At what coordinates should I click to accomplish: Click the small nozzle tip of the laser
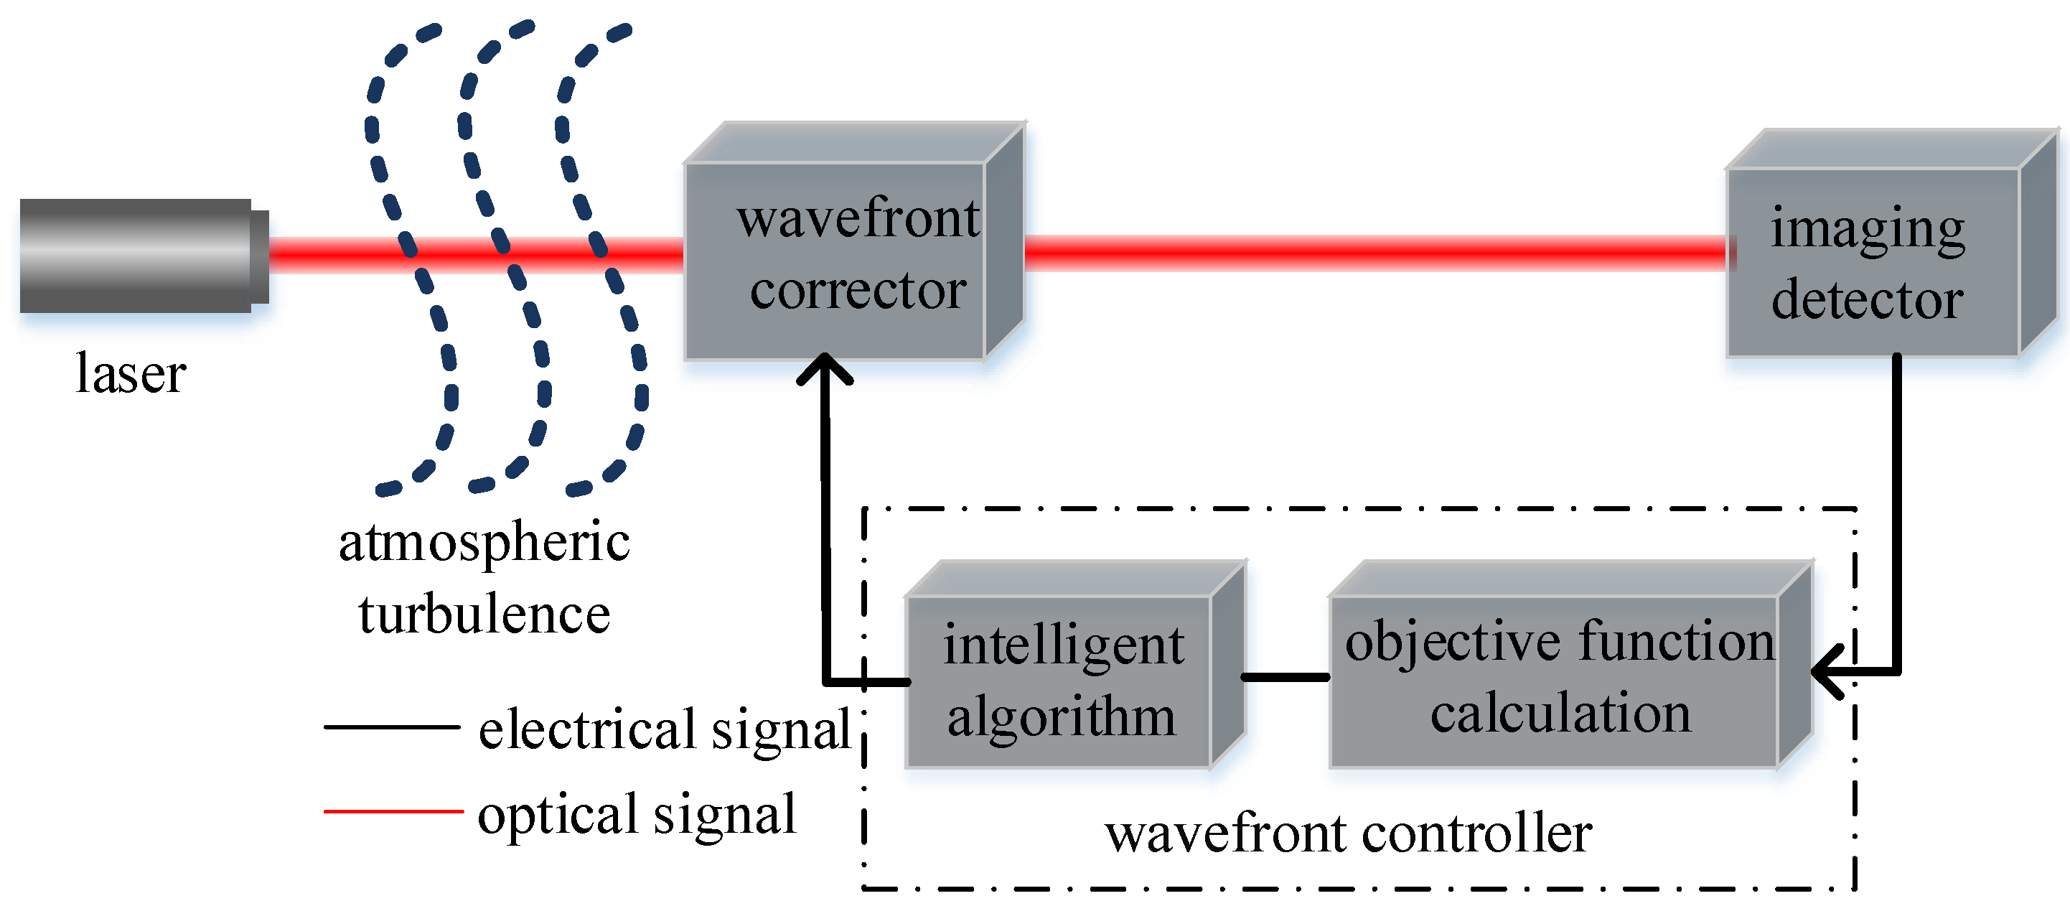pyautogui.click(x=260, y=256)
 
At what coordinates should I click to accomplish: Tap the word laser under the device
pyautogui.click(x=130, y=374)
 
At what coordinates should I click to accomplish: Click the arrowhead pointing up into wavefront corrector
pyautogui.click(x=825, y=372)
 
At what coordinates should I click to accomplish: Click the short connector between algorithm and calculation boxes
pyautogui.click(x=1285, y=678)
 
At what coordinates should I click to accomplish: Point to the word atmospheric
pyautogui.click(x=484, y=544)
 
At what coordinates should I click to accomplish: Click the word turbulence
pyautogui.click(x=484, y=615)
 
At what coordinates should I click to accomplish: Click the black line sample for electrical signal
pyautogui.click(x=391, y=727)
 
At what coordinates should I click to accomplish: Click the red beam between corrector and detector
pyautogui.click(x=1374, y=253)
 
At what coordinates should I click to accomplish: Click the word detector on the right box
pyautogui.click(x=1867, y=300)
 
